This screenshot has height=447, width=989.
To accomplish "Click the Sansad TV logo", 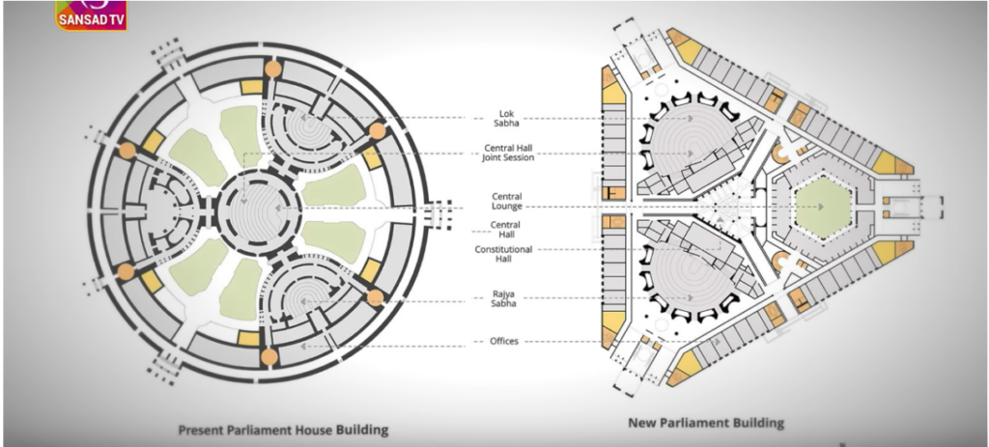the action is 92,14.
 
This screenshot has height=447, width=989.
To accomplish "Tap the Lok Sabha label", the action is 506,119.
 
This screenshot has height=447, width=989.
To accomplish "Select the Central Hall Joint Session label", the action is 508,154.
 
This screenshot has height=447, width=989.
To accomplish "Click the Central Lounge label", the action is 507,202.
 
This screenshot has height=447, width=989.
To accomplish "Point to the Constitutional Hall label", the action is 503,254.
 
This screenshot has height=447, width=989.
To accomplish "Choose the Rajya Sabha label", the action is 504,299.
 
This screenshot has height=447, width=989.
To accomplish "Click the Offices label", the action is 504,341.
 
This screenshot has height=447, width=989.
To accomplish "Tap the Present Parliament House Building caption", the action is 283,430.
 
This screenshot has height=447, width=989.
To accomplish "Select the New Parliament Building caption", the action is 706,423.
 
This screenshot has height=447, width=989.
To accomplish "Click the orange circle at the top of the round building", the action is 272,69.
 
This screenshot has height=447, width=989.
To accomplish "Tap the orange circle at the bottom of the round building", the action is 269,357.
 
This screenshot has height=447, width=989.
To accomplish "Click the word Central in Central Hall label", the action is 505,225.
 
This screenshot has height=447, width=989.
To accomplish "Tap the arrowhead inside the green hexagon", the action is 821,207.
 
